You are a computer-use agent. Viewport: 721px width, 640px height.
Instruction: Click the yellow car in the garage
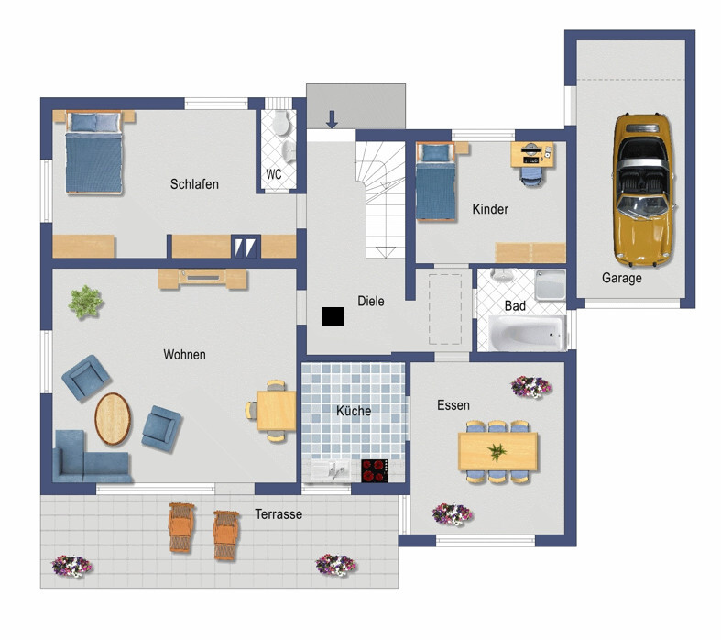point(643,190)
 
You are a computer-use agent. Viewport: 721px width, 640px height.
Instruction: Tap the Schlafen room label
point(194,184)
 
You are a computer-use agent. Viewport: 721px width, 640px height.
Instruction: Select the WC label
point(274,174)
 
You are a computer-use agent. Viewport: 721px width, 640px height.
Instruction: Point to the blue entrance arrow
point(332,118)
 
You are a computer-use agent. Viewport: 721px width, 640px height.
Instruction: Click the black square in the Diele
point(333,316)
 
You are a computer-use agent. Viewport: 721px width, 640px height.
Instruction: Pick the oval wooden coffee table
point(113,419)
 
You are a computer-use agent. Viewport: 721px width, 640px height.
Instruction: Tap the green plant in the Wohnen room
point(85,303)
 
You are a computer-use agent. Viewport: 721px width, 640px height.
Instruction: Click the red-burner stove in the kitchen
point(375,470)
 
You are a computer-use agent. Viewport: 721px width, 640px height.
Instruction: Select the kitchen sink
point(331,470)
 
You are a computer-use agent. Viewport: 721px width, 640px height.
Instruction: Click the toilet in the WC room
point(280,123)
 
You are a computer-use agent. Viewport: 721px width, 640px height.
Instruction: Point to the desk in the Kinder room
point(532,155)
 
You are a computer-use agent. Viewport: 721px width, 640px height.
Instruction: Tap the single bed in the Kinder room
point(435,182)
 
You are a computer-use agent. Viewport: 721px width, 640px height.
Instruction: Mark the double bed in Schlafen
point(94,153)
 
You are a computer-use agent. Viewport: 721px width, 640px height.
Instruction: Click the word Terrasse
point(279,514)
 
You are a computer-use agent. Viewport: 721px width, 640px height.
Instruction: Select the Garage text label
point(622,278)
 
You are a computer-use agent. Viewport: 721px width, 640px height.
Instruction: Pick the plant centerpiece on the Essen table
point(497,452)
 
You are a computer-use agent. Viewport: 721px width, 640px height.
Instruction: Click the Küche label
point(354,411)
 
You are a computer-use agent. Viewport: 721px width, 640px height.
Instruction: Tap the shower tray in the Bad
point(551,285)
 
